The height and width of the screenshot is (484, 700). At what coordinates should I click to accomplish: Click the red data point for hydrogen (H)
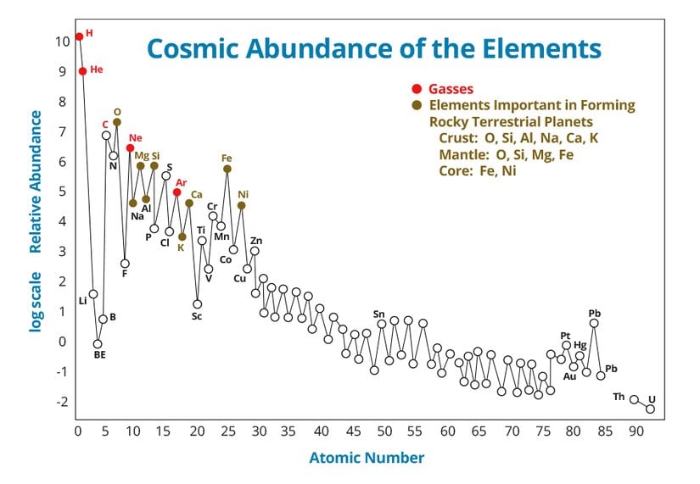tap(79, 36)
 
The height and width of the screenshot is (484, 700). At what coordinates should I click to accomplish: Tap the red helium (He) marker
tap(82, 71)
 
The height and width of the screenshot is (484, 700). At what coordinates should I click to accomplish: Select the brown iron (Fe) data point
tap(227, 169)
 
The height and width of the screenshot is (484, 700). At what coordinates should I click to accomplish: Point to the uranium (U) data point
tap(651, 409)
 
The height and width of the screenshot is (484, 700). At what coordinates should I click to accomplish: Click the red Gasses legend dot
tap(416, 89)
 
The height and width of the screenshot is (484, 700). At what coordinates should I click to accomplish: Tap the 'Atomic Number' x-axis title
tap(367, 458)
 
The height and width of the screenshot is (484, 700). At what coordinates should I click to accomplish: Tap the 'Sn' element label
tap(379, 314)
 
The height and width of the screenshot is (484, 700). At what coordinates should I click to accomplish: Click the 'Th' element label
tap(619, 397)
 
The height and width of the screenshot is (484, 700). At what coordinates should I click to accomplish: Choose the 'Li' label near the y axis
tap(82, 301)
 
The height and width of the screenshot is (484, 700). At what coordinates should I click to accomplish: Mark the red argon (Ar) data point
tap(176, 192)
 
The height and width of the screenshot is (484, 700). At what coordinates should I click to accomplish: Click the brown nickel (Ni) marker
tap(242, 205)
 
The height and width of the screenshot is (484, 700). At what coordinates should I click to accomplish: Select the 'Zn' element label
tap(256, 241)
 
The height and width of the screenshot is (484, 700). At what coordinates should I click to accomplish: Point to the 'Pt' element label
tap(565, 336)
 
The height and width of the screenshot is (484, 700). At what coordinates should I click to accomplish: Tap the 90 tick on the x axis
tap(633, 431)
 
